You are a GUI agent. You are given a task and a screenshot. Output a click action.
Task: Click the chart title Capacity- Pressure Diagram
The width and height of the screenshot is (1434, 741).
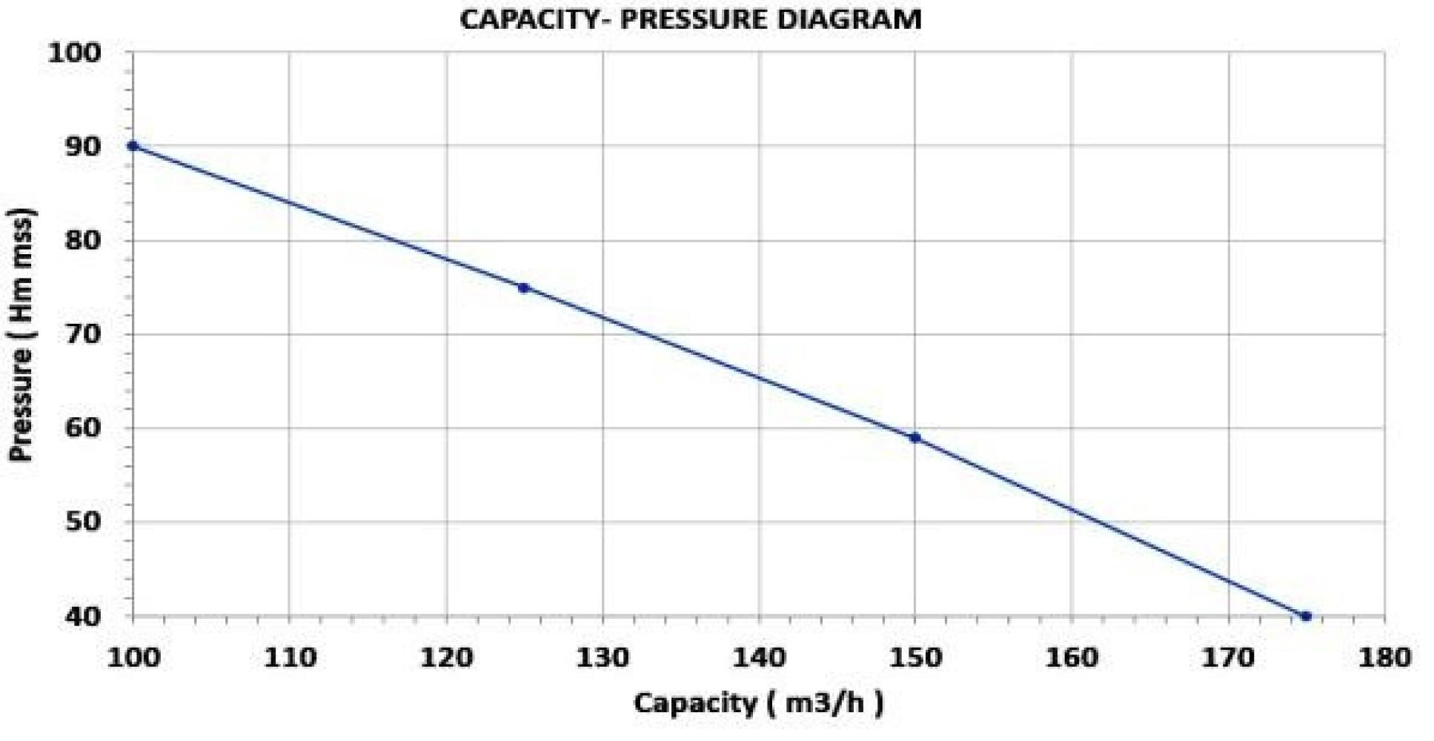tap(690, 19)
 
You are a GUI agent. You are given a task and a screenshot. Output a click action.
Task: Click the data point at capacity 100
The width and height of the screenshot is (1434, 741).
tap(133, 146)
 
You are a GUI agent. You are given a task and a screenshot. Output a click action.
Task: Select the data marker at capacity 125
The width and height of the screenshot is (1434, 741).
tap(524, 288)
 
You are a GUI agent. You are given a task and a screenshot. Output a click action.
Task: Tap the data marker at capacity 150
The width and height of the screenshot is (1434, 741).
tap(915, 438)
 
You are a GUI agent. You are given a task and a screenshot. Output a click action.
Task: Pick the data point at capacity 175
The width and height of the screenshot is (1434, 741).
tap(1306, 616)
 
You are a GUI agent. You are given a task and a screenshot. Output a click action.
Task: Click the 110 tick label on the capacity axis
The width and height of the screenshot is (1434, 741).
tap(290, 657)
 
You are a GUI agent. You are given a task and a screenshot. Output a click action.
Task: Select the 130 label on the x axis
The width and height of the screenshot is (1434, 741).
tap(603, 657)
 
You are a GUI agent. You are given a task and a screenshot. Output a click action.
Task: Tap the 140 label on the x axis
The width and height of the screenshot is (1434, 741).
tap(759, 657)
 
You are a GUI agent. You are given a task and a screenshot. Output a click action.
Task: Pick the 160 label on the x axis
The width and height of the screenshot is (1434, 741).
tap(1072, 657)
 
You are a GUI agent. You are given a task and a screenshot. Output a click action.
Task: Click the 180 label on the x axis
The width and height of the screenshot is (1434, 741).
tap(1384, 657)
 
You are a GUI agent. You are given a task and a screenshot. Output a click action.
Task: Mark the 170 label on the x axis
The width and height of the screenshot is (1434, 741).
tap(1228, 657)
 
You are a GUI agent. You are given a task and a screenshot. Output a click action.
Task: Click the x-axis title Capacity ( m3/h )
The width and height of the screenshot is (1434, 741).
tap(758, 702)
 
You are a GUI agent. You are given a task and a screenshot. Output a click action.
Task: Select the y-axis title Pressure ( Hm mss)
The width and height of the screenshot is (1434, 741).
tap(22, 335)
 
